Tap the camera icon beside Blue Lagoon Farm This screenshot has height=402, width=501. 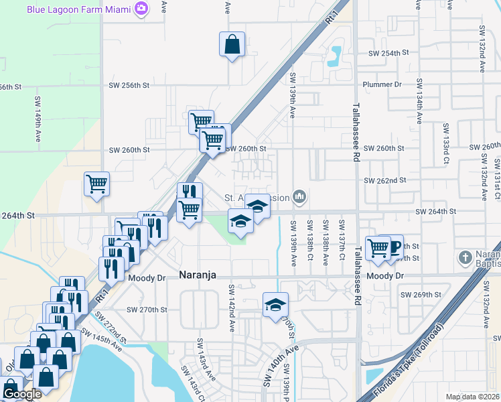(x=141, y=9)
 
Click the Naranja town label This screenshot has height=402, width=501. (x=200, y=275)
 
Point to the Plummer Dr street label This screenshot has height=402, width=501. (x=381, y=84)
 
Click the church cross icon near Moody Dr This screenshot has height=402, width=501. (x=466, y=257)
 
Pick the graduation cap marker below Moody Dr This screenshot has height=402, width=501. (x=275, y=305)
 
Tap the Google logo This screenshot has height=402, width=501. (x=22, y=394)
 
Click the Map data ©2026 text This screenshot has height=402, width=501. (x=472, y=397)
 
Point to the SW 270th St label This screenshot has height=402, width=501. (x=147, y=310)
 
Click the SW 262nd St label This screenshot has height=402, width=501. (x=385, y=180)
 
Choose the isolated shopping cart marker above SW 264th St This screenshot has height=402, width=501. (x=96, y=184)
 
